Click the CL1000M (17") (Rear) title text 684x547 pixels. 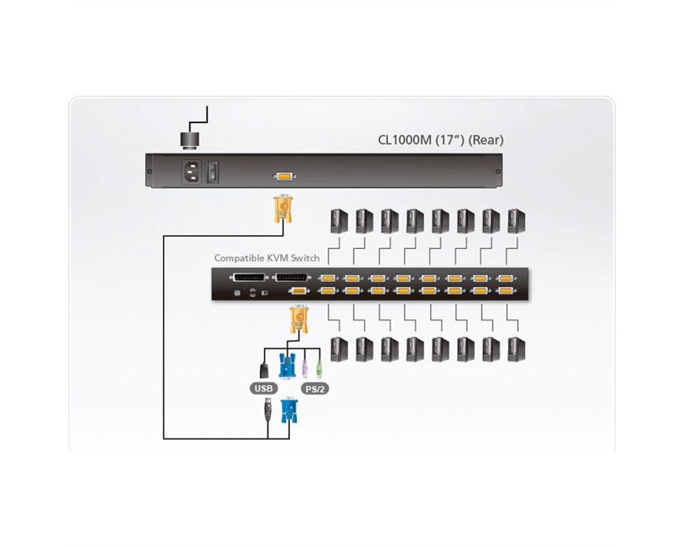point(440,140)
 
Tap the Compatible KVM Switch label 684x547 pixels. point(267,258)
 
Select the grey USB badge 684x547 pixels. point(263,388)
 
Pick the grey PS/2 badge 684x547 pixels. point(315,388)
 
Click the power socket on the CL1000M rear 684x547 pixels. point(191,172)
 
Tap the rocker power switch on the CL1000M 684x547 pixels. point(213,172)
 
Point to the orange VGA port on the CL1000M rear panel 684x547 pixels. point(285,176)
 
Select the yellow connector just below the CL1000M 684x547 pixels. point(282,209)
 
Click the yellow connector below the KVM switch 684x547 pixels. point(299,319)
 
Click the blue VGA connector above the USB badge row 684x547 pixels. point(287,366)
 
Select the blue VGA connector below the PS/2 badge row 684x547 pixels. point(289,410)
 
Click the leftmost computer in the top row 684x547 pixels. point(339,221)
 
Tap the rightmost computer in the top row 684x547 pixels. point(516,221)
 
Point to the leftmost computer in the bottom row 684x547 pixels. point(339,349)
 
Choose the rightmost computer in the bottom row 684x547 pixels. point(516,349)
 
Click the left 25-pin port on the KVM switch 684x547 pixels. point(250,278)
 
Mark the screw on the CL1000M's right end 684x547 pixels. point(498,172)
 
